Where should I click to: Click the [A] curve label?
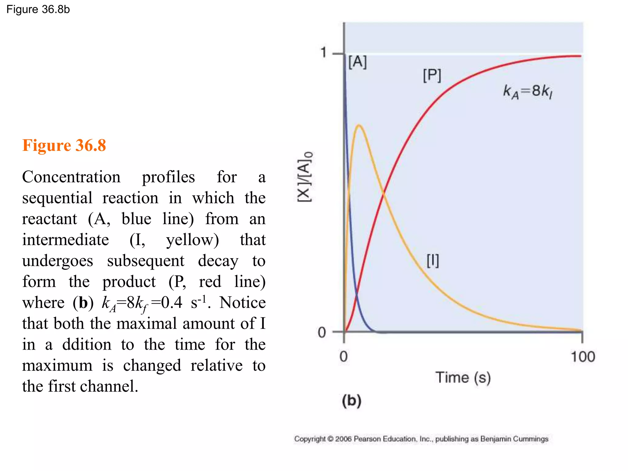click(x=358, y=62)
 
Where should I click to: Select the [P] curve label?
click(x=432, y=75)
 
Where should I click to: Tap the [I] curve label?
click(x=433, y=261)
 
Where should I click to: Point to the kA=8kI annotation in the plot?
click(x=528, y=92)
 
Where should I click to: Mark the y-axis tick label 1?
click(x=324, y=52)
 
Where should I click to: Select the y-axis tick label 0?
click(x=322, y=332)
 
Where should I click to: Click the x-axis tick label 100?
click(x=583, y=357)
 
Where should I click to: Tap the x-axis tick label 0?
click(x=344, y=357)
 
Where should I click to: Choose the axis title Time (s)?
click(x=463, y=377)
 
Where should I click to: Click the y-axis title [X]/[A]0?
click(x=305, y=177)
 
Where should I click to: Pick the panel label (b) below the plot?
click(x=352, y=401)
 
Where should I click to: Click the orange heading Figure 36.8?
click(x=64, y=145)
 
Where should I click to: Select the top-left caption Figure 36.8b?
click(x=38, y=10)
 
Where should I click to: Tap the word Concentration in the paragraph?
click(x=71, y=177)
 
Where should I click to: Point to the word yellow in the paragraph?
click(x=192, y=240)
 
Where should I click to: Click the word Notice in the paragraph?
click(x=242, y=303)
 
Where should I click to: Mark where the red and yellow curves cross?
click(x=384, y=192)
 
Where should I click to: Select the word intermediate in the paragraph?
click(x=66, y=240)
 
